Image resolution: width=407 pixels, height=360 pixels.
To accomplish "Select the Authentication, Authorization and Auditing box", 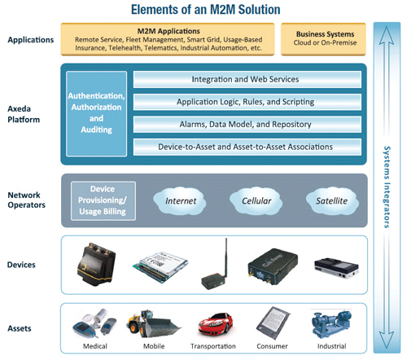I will coord(97,112).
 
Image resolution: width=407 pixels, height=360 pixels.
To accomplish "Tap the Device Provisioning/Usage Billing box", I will coord(102,200).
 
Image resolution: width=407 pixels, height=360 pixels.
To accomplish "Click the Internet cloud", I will coord(181,200).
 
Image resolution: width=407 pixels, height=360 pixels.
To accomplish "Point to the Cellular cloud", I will coord(251,200).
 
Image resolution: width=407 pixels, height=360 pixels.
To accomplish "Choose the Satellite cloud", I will coord(322,200).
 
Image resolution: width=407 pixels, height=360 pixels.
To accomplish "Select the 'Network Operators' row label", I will coord(25,200).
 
